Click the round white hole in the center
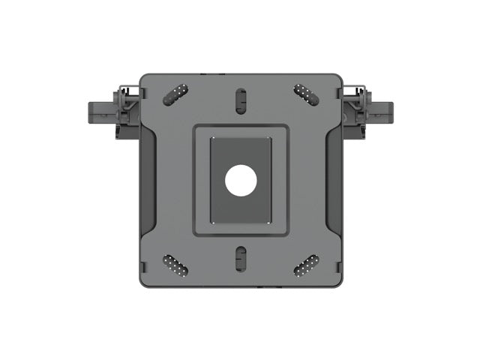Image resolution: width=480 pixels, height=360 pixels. pos(241,181)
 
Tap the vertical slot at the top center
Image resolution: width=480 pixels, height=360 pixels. pos(241,100)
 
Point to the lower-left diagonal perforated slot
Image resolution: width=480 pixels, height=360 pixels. pos(175,265)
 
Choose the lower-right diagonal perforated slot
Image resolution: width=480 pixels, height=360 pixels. pos(306,265)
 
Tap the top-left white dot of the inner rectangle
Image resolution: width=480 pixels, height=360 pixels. pos(213,140)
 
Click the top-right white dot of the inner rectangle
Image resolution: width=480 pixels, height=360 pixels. pos(268,140)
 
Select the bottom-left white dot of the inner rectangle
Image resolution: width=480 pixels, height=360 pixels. pos(213,220)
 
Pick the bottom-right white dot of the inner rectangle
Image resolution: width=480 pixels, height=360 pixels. pos(268,220)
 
